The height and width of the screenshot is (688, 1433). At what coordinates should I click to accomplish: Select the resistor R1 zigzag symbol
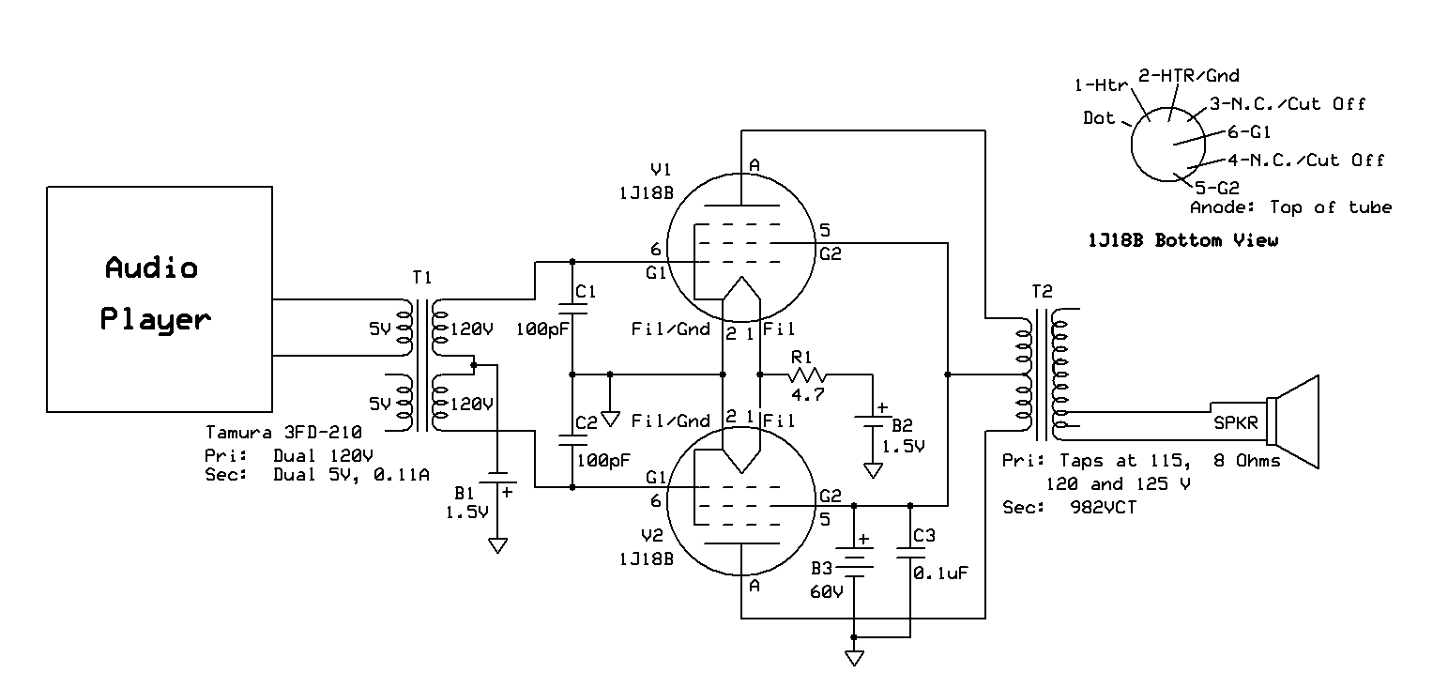click(x=808, y=375)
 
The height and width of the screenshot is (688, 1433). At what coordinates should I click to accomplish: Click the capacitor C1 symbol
click(x=572, y=309)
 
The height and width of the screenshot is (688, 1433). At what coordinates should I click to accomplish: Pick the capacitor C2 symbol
click(x=572, y=439)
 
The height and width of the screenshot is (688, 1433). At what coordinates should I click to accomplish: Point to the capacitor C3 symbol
click(x=910, y=552)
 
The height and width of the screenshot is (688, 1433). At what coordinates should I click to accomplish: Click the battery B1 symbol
click(x=497, y=478)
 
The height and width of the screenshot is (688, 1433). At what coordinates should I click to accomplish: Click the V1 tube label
click(x=661, y=170)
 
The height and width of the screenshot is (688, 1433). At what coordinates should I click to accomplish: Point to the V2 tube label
click(x=652, y=535)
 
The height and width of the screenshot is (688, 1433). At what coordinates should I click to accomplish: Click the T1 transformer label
click(x=422, y=278)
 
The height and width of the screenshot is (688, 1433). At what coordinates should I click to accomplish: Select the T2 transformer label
click(x=1042, y=292)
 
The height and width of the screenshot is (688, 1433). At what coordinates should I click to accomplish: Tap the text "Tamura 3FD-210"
click(x=283, y=433)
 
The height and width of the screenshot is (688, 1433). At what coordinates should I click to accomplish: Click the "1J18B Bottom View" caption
click(x=1182, y=240)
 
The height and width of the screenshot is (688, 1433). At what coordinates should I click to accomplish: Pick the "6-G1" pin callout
click(x=1249, y=132)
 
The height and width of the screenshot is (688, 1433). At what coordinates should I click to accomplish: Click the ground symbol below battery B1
click(x=497, y=545)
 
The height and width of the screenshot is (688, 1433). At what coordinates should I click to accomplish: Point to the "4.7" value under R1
click(x=808, y=395)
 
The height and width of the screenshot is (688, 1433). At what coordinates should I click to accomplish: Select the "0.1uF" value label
click(x=940, y=573)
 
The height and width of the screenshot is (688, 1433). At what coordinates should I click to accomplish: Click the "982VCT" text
click(x=1104, y=508)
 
